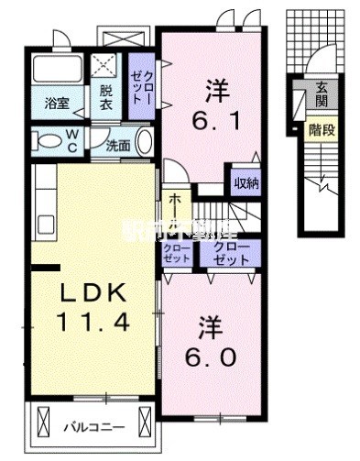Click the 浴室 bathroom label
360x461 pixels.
pyautogui.click(x=53, y=104)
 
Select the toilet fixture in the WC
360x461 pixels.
pyautogui.click(x=45, y=140)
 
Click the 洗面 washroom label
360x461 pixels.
pyautogui.click(x=116, y=145)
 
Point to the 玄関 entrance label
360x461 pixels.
pyautogui.click(x=322, y=93)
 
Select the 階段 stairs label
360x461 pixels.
pyautogui.click(x=322, y=129)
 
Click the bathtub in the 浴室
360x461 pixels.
pyautogui.click(x=58, y=71)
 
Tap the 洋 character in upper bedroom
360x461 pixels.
pyautogui.click(x=215, y=89)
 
